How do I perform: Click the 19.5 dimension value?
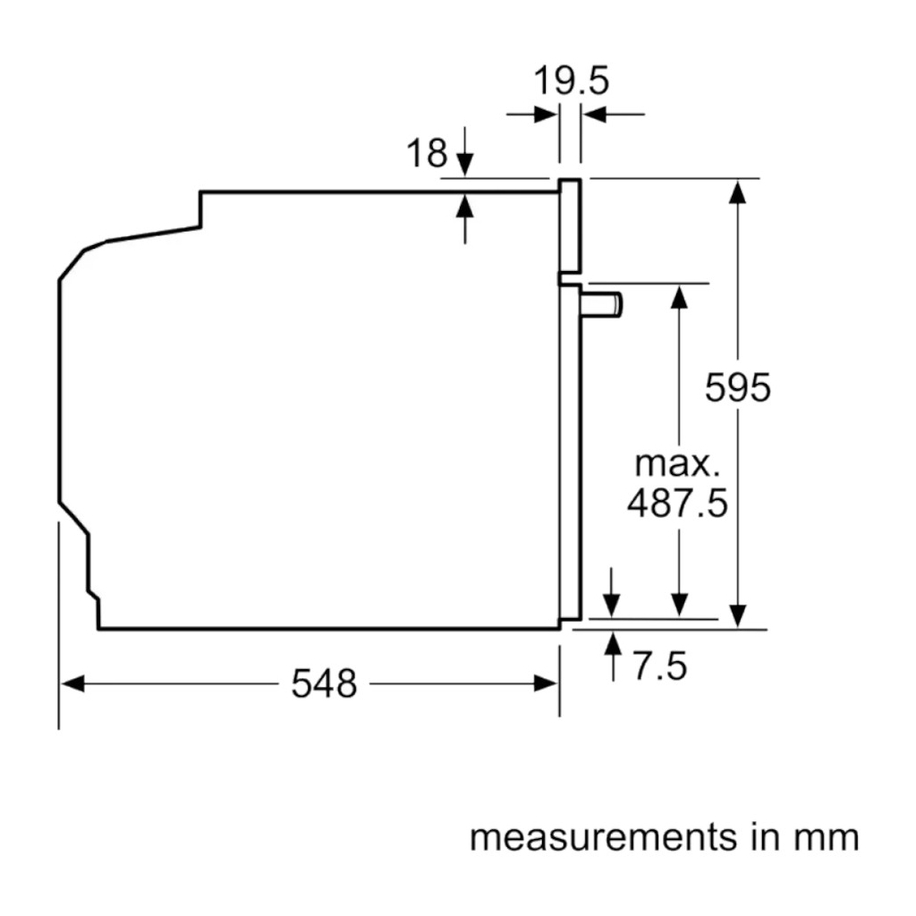coord(571,81)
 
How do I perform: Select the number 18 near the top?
coord(428,154)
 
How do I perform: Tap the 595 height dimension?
coord(737,388)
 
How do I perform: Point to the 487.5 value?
coord(677,504)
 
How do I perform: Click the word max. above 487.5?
coord(677,464)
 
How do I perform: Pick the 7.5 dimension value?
coord(660,666)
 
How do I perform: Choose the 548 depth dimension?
coord(324,684)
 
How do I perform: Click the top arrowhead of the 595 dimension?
coord(737,191)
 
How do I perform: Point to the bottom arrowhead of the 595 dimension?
coord(737,616)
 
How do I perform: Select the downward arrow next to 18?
coord(464,164)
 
